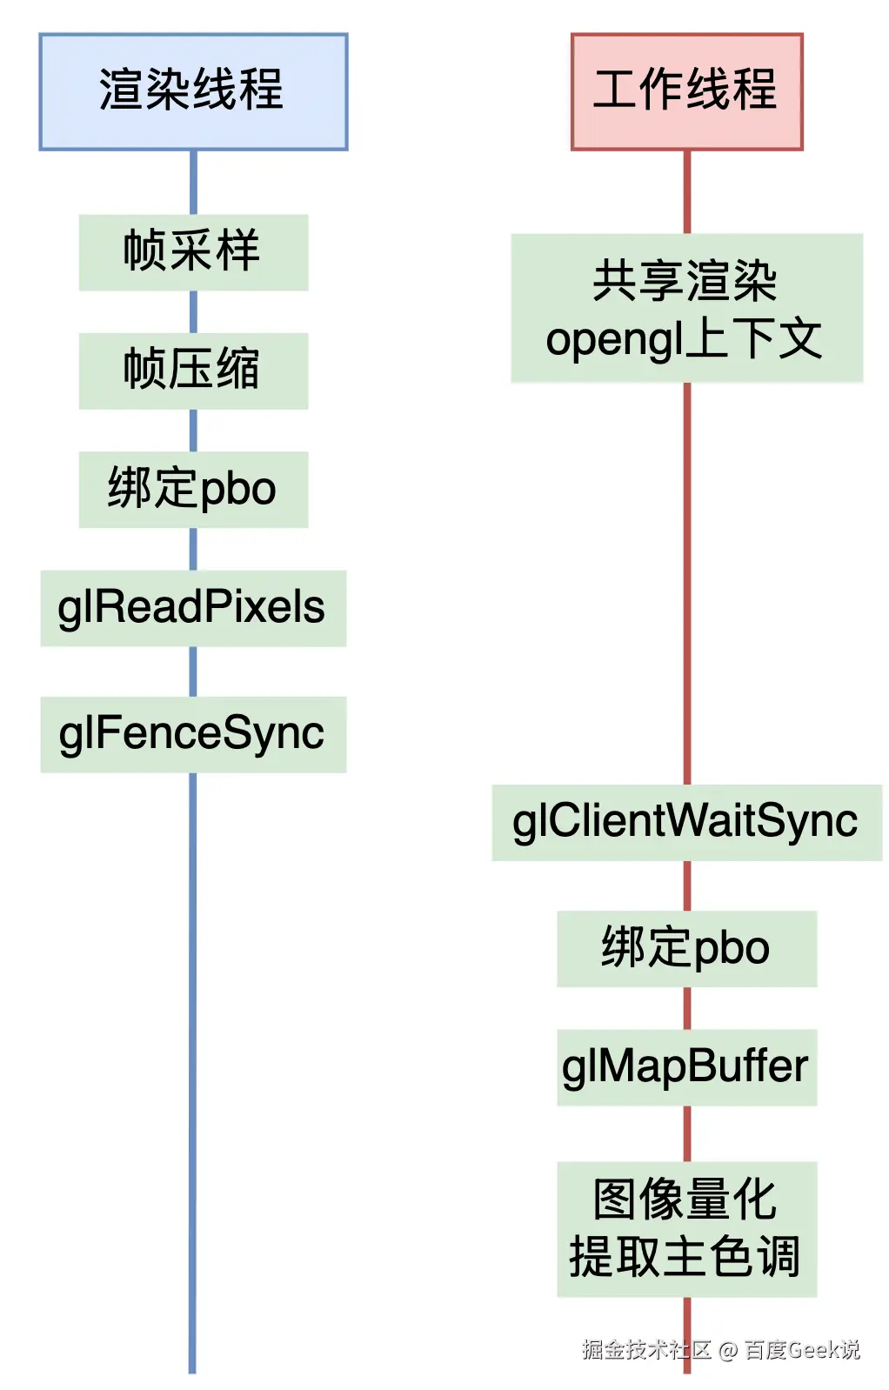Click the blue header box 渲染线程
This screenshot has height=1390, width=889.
193,91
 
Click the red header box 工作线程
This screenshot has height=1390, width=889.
686,91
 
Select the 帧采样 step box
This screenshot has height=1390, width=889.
193,252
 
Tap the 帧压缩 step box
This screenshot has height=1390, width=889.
193,371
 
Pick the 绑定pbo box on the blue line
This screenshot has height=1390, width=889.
193,489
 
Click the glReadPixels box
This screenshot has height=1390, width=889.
193,608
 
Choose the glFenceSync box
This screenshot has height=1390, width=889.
193,734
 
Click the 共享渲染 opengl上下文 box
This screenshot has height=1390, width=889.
686,308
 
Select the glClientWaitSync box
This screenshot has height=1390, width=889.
686,822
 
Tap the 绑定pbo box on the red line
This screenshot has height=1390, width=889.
686,948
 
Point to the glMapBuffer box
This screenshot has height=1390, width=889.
686,1067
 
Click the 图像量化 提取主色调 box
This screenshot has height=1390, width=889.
686,1228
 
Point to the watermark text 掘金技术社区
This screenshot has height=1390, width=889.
646,1349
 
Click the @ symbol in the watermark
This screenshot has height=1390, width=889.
728,1350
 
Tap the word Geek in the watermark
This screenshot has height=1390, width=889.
813,1349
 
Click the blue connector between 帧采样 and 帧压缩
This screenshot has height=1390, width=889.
193,311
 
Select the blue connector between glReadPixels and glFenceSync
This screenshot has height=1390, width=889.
193,672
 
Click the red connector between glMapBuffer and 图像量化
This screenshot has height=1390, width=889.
686,1133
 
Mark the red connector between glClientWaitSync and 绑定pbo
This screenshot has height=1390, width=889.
686,885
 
